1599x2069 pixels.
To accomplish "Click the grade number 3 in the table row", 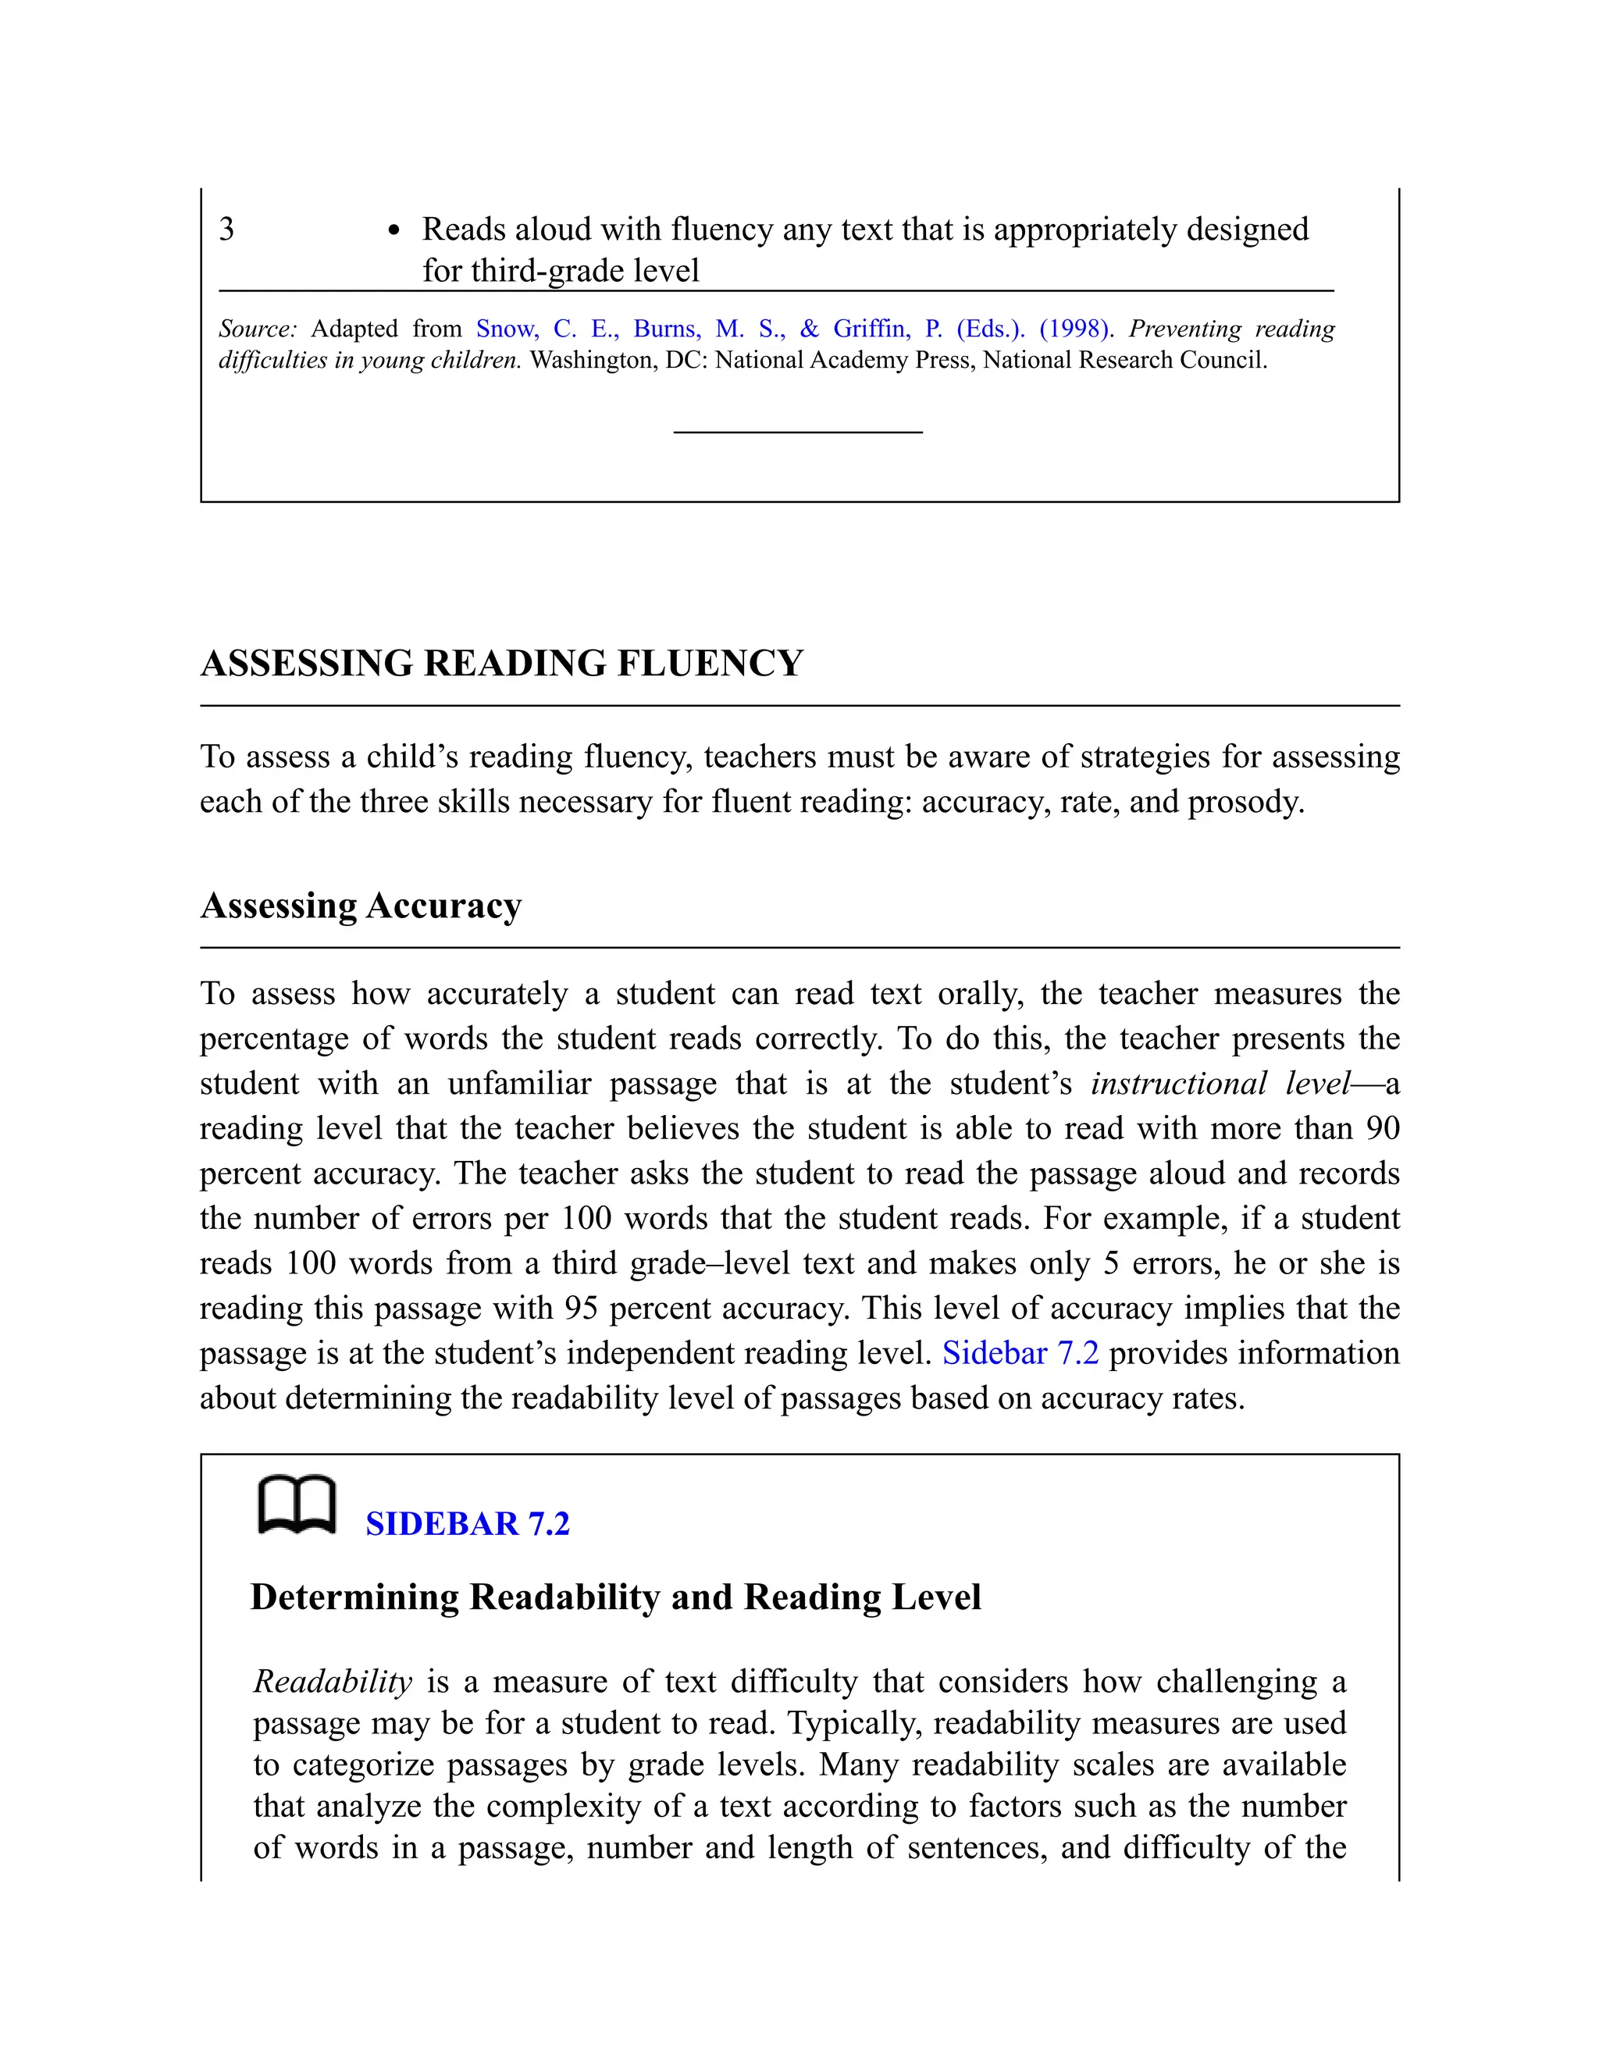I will (226, 230).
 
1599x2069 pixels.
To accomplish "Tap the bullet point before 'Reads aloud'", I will (394, 231).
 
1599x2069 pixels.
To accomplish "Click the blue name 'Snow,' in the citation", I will (507, 329).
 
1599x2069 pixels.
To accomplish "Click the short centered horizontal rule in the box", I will (798, 432).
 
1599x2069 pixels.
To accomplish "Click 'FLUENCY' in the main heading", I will (710, 663).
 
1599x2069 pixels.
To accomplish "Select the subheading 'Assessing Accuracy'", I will (361, 906).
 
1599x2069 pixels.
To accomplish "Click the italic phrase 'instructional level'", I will (1220, 1084).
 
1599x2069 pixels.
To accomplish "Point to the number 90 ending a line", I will (1382, 1128).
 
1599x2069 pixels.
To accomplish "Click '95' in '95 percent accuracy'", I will (582, 1309).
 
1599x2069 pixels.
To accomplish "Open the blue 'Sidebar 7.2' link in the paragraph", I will (1020, 1353).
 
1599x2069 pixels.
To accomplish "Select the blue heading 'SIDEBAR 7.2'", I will (467, 1523).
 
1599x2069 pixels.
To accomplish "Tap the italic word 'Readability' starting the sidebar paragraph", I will (333, 1682).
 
